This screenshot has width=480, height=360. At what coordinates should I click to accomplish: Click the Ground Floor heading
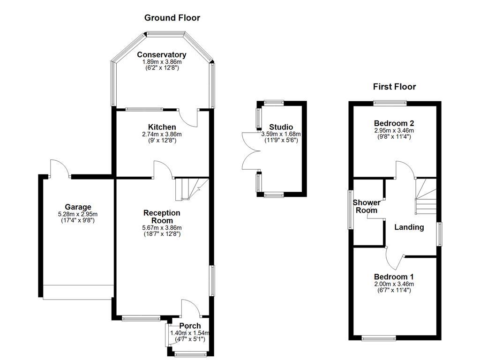[172, 18]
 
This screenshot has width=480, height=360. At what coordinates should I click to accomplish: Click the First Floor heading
[394, 86]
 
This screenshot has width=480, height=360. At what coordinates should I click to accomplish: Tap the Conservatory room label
[162, 55]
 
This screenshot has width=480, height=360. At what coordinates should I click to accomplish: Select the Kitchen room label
[162, 127]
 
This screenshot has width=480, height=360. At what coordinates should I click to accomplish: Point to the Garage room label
[78, 207]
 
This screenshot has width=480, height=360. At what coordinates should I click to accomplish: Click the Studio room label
[281, 127]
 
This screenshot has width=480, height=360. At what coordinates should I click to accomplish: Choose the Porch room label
[190, 326]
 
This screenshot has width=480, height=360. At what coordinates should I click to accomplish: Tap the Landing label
[409, 227]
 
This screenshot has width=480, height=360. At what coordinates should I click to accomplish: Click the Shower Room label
[365, 206]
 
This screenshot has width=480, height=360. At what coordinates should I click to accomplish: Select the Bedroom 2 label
[394, 123]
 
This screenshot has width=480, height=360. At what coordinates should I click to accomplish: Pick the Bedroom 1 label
[394, 277]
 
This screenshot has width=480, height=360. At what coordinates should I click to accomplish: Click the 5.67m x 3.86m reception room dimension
[162, 228]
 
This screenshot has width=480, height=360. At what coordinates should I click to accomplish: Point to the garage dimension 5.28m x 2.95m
[78, 214]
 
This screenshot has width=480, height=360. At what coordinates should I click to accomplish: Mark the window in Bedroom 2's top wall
[390, 103]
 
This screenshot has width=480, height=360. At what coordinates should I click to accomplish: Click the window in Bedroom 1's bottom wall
[379, 337]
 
